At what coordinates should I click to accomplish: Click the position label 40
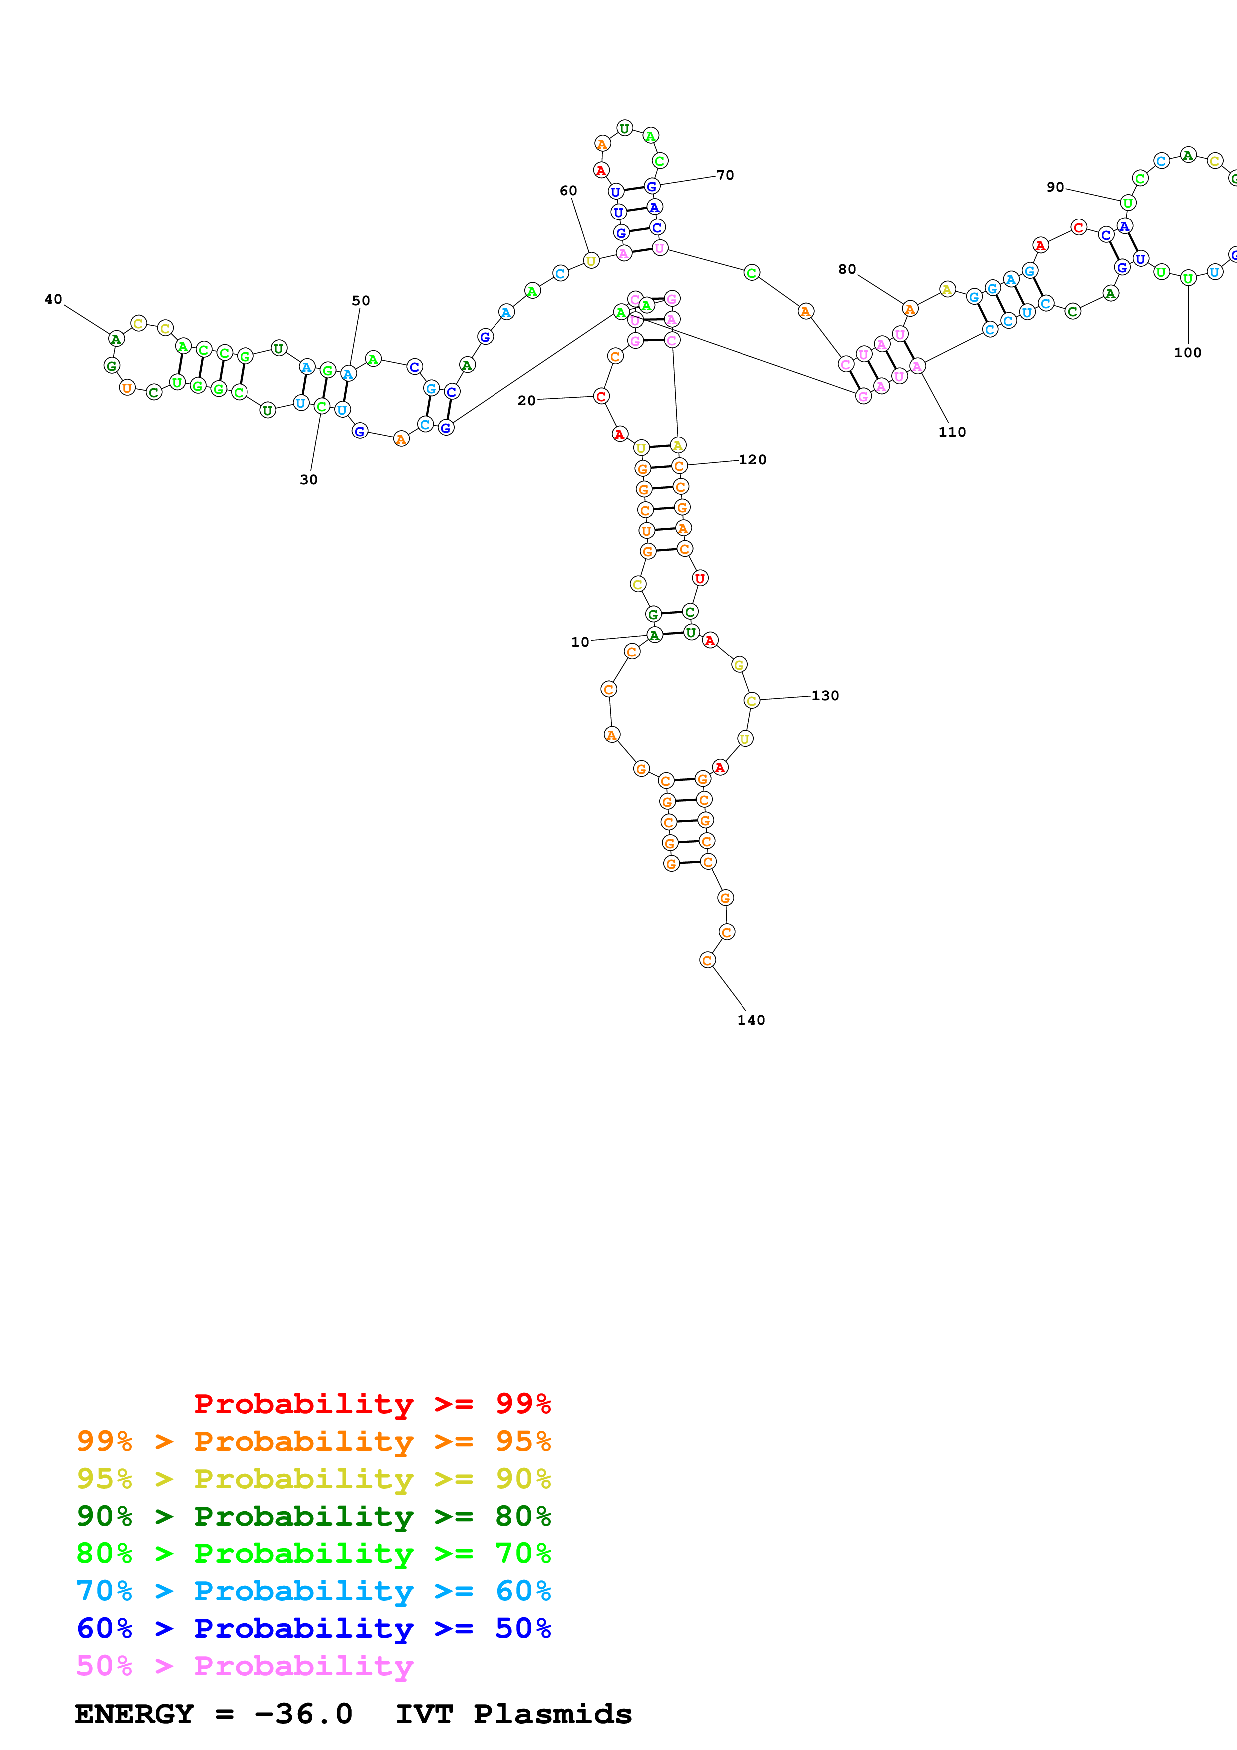pyautogui.click(x=53, y=299)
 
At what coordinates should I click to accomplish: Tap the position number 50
pyautogui.click(x=360, y=301)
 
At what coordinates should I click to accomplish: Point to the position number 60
pyautogui.click(x=568, y=191)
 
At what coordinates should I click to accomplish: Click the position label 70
pyautogui.click(x=725, y=175)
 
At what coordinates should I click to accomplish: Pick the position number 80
pyautogui.click(x=847, y=270)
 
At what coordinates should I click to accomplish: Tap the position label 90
pyautogui.click(x=1055, y=188)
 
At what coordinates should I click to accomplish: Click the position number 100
pyautogui.click(x=1187, y=353)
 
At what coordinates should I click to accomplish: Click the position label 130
pyautogui.click(x=825, y=696)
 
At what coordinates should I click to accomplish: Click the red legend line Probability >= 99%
pyautogui.click(x=372, y=1404)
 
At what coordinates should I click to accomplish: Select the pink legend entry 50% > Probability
pyautogui.click(x=245, y=1666)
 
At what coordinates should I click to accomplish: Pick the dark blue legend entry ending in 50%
pyautogui.click(x=313, y=1629)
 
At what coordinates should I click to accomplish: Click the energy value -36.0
pyautogui.click(x=303, y=1714)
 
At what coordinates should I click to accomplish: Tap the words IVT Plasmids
pyautogui.click(x=513, y=1714)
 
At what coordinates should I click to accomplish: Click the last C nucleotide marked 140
pyautogui.click(x=707, y=960)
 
